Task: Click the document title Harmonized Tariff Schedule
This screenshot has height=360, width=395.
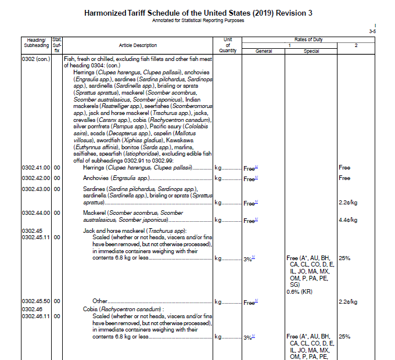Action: (198, 13)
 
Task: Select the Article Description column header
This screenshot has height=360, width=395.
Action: (138, 45)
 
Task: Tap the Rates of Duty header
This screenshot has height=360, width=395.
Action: (308, 39)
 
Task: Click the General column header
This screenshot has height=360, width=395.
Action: (264, 51)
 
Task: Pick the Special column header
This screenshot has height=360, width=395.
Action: (311, 51)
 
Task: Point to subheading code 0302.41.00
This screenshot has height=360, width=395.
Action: (36, 168)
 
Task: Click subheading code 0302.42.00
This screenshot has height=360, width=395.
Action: (36, 178)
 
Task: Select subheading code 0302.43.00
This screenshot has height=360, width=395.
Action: (36, 189)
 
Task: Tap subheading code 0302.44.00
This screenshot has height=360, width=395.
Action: (36, 213)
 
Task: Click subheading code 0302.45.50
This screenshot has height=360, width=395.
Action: (36, 301)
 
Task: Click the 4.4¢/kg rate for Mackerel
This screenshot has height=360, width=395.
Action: (347, 220)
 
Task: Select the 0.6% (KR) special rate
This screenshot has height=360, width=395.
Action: (300, 291)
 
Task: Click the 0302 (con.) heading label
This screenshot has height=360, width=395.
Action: (36, 59)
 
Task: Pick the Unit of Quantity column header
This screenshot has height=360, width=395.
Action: (228, 45)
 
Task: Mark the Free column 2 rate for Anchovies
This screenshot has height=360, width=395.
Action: (344, 178)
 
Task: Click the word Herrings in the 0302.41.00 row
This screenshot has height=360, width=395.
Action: (94, 168)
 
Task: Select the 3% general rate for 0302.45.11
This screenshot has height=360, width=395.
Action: (249, 258)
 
